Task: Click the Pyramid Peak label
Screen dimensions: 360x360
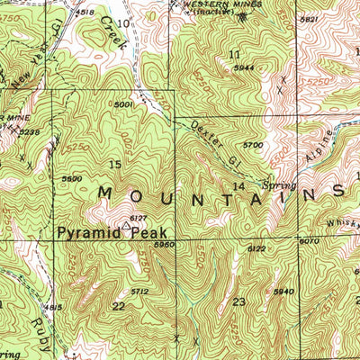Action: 112,232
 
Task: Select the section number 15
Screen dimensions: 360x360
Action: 114,164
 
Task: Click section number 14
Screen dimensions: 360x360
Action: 238,186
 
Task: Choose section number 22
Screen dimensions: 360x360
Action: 119,306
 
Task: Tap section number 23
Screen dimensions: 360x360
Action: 239,302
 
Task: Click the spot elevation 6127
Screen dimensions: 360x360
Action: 137,218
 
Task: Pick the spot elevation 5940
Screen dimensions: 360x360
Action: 285,292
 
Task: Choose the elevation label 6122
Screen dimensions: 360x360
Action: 256,249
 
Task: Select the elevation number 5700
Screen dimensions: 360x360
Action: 253,145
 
